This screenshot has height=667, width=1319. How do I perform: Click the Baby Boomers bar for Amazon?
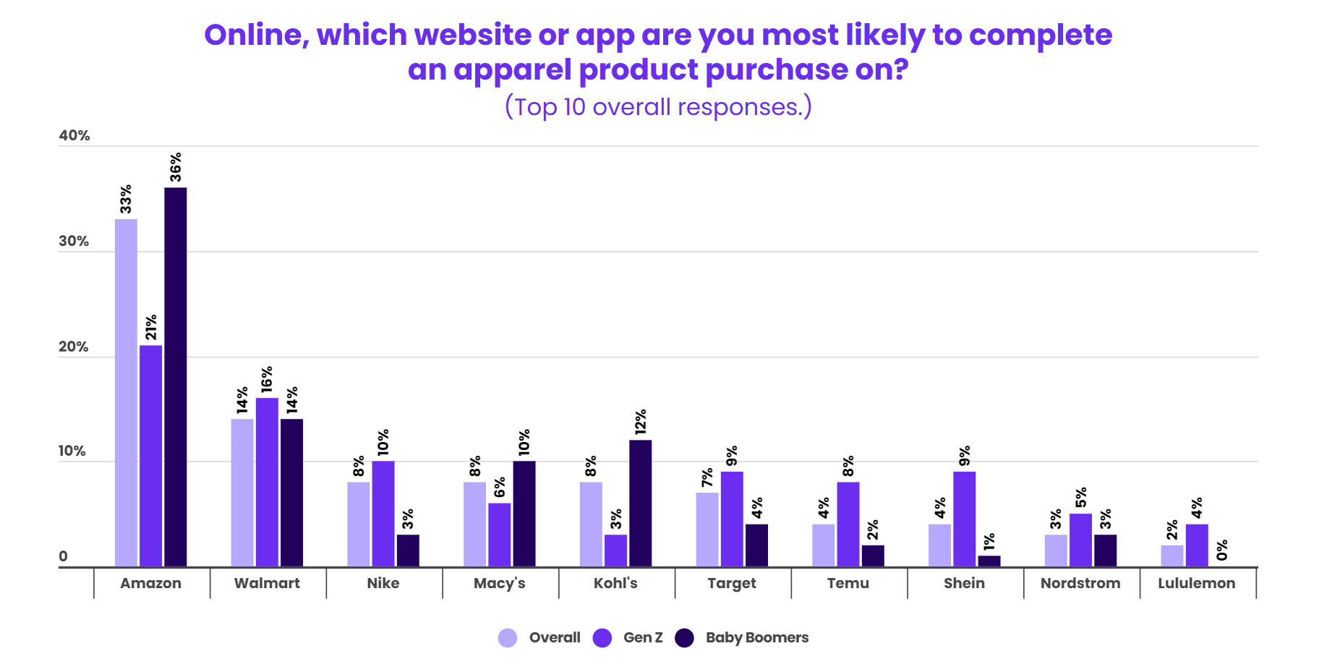[x=176, y=376]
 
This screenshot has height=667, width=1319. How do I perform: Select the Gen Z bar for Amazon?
[x=150, y=456]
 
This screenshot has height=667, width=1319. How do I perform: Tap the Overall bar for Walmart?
[x=242, y=492]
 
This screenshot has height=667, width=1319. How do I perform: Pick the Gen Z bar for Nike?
[x=383, y=514]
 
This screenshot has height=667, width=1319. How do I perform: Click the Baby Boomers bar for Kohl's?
[x=641, y=503]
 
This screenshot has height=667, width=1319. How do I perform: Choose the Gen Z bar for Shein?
[x=964, y=519]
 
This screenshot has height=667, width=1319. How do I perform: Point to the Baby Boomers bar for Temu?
[x=873, y=556]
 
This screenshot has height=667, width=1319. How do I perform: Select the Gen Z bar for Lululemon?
[x=1197, y=545]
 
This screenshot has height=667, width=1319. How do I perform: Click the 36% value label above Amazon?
[x=176, y=167]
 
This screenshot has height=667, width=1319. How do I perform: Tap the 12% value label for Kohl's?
[x=641, y=422]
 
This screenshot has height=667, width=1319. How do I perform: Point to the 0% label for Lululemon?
[x=1222, y=550]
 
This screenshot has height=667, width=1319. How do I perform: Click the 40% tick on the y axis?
[x=74, y=135]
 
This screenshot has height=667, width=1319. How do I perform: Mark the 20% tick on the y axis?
[x=74, y=347]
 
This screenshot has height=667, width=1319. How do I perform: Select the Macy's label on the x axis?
[x=500, y=583]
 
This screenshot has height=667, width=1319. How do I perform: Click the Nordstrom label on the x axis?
[x=1080, y=583]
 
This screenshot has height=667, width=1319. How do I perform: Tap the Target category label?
[x=732, y=583]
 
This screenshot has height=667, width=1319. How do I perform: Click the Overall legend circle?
[x=508, y=637]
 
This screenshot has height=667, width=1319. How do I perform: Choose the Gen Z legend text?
[x=643, y=637]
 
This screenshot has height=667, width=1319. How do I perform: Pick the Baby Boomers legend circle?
[x=684, y=637]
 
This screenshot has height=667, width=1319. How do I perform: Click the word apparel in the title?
[x=513, y=70]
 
